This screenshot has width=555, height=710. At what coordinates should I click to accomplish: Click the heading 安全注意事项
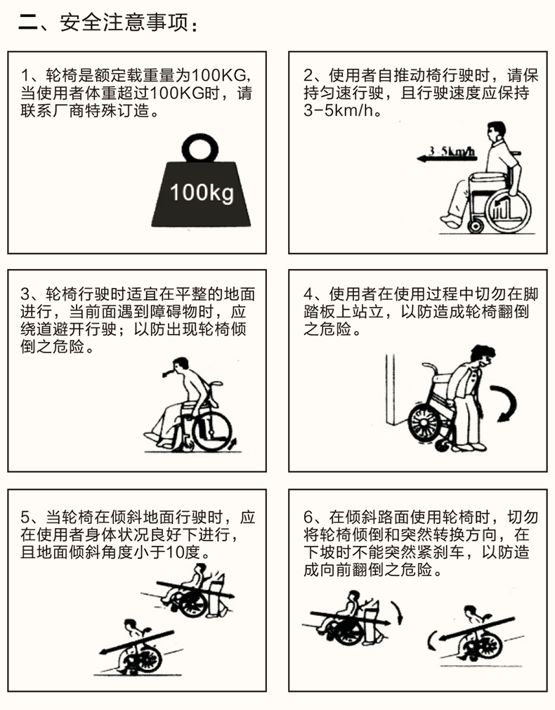[x=124, y=22]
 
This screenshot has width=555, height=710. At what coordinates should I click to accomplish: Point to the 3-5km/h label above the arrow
[x=452, y=151]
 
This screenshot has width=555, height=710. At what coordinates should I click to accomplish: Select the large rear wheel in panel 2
[x=508, y=211]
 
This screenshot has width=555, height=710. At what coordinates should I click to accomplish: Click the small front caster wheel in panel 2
[x=475, y=225]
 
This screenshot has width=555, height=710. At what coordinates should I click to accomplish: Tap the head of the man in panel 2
[x=496, y=131]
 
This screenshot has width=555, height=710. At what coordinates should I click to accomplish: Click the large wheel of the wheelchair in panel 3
[x=212, y=431]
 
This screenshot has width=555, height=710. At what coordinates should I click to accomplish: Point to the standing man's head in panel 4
[x=483, y=357]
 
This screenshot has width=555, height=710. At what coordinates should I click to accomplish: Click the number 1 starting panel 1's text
[x=25, y=74]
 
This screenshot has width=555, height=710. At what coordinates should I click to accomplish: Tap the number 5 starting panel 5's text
[x=25, y=517]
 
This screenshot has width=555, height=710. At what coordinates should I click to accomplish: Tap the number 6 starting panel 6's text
[x=308, y=517]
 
